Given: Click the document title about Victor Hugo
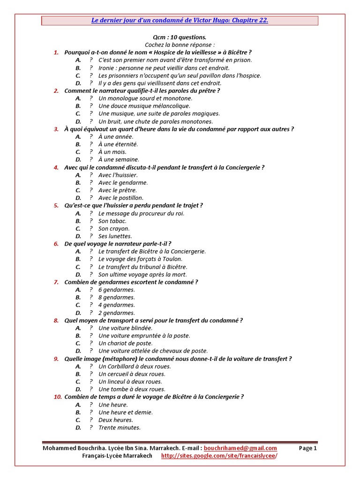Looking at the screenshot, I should tap(180, 21).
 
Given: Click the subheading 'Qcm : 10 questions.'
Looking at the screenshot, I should tap(180, 37).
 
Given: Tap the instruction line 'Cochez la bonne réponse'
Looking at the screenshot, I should tap(180, 45).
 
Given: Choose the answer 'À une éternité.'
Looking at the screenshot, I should tap(118, 144).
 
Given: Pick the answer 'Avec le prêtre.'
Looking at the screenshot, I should tap(118, 190).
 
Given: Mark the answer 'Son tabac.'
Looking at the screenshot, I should tap(112, 221).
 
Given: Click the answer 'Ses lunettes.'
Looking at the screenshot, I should tap(115, 236).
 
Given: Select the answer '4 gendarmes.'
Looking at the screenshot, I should tap(117, 305).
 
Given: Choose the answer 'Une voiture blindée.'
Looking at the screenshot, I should tap(126, 328).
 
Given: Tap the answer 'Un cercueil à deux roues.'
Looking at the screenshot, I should tap(132, 374).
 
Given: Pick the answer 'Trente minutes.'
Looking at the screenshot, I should tap(120, 427).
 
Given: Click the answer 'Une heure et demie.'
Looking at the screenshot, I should tap(126, 412).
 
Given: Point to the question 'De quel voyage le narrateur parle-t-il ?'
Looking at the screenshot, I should tap(118, 244).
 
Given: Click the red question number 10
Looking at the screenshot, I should tap(58, 397).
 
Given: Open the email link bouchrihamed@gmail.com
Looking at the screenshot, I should tap(240, 448).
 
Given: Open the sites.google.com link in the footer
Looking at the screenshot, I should tap(216, 456).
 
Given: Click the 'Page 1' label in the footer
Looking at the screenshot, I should tap(308, 448).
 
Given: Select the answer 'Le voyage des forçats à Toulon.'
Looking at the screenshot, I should tap(141, 259).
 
